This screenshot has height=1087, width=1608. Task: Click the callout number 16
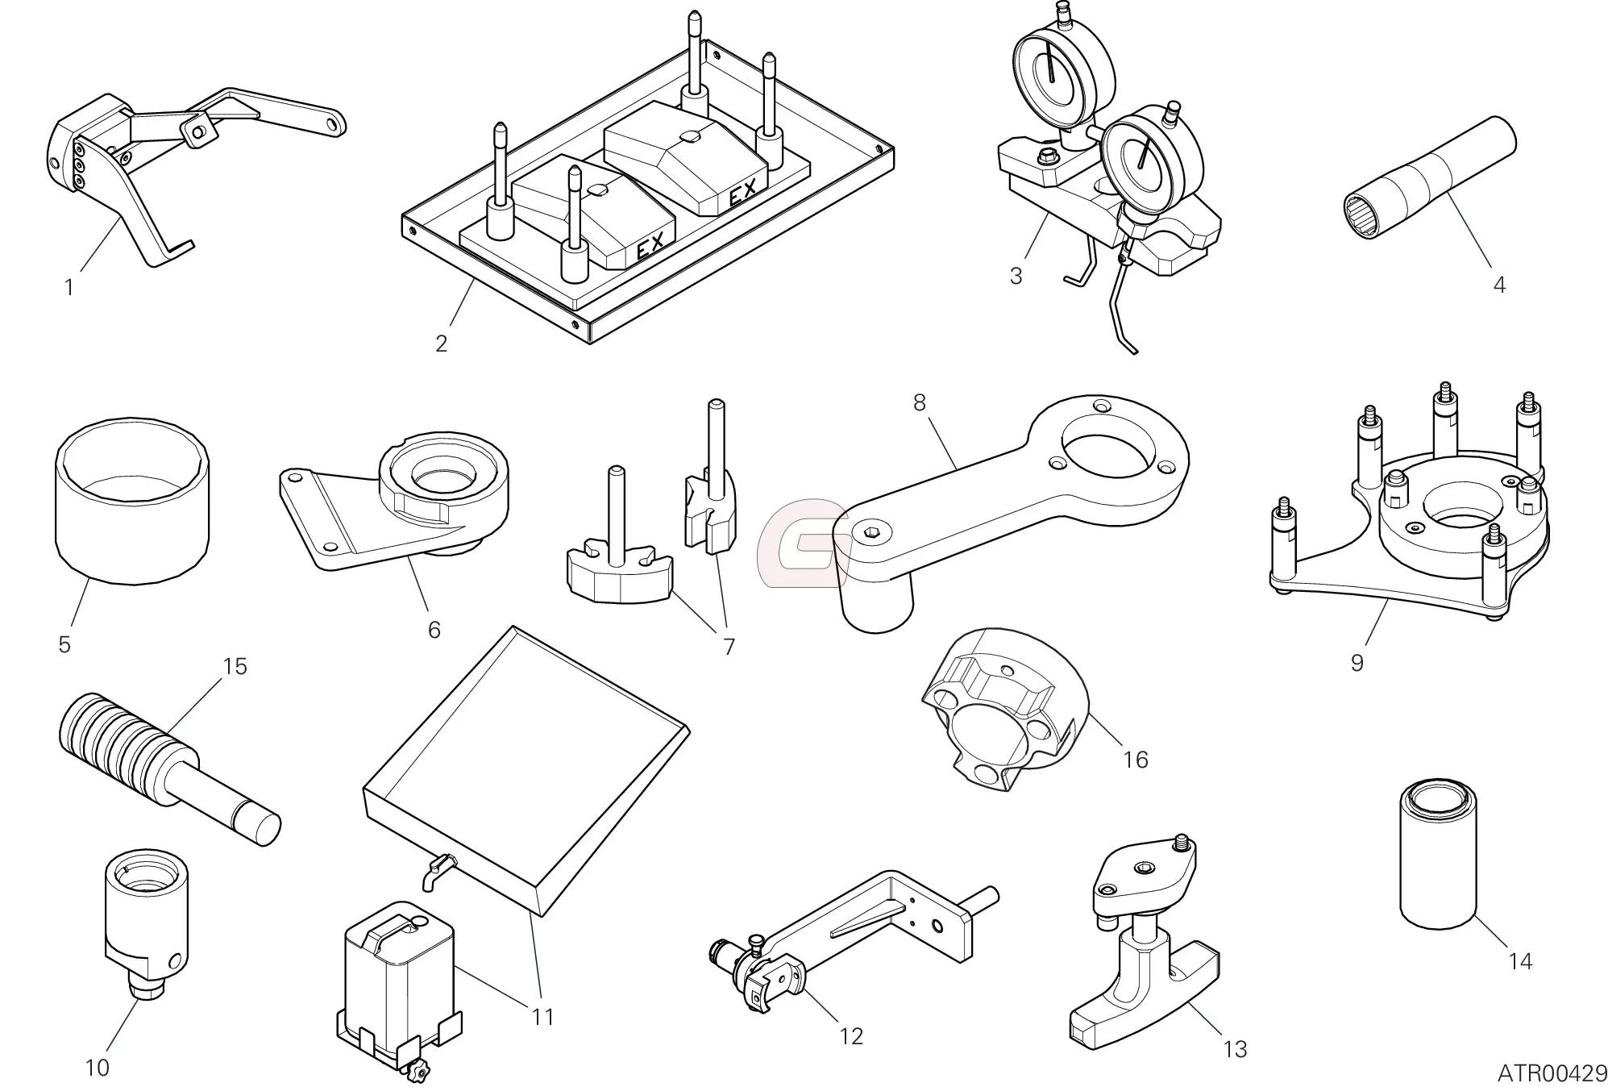tap(1135, 760)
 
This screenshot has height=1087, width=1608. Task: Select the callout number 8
tap(920, 402)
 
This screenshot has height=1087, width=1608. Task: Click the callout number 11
tap(543, 1017)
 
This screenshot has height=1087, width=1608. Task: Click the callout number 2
tap(441, 344)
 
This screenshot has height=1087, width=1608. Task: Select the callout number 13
tap(1235, 1049)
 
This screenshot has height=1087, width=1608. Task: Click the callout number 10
tap(97, 1068)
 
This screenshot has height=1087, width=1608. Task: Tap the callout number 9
tap(1357, 663)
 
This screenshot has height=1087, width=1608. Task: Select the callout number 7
tap(729, 647)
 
